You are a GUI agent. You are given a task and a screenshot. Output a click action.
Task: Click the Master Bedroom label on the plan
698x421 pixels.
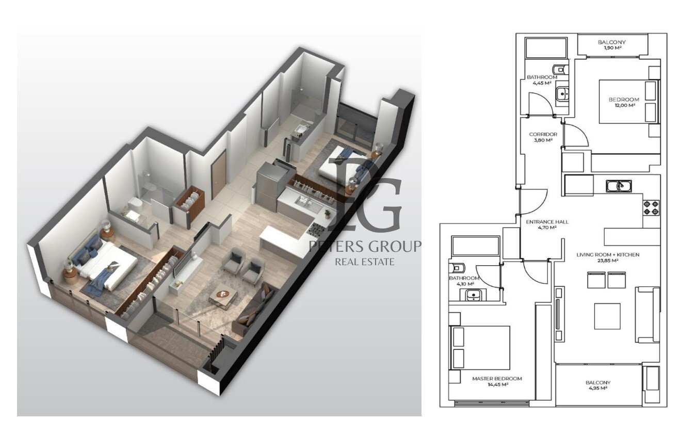pos(497,379)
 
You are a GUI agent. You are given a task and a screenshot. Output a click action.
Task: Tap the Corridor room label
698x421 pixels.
pos(543,134)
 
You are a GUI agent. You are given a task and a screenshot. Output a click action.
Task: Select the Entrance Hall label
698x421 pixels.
pos(547,222)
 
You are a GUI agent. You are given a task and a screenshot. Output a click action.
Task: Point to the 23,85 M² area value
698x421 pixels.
pos(608,261)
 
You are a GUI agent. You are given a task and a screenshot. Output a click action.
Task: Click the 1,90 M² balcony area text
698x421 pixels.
pos(612,47)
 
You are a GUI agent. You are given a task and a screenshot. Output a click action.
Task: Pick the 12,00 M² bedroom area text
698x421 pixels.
pos(624,105)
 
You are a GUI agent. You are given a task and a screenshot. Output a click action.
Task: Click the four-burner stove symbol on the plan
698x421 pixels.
pos(651,208)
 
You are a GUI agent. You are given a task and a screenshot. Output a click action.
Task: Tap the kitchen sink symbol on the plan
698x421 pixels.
pos(619,186)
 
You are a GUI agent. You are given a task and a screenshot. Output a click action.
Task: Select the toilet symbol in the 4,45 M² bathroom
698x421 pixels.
pos(561,69)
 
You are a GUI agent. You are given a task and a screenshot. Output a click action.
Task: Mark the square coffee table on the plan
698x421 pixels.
pos(607,316)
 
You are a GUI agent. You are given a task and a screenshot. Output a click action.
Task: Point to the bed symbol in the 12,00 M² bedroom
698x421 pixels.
pos(629,101)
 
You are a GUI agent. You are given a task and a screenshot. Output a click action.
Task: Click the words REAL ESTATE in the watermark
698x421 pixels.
pos(365,262)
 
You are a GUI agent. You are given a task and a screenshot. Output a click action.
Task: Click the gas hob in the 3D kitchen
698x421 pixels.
pos(317,230)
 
